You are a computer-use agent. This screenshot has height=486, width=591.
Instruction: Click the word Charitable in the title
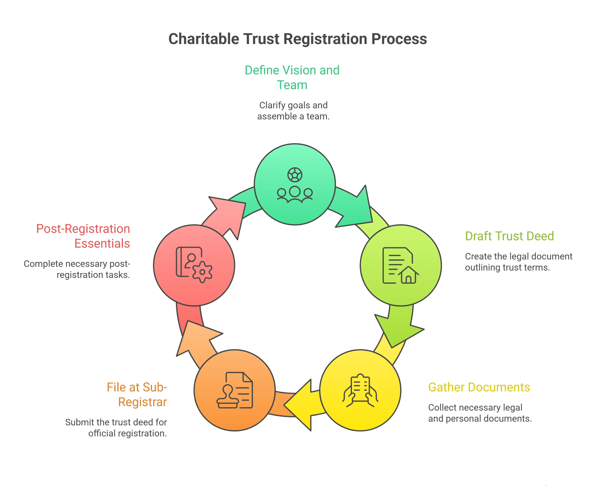click(x=204, y=39)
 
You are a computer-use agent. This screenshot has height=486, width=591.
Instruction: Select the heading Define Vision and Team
click(x=292, y=77)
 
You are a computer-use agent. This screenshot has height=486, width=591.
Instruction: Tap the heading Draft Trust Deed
click(x=509, y=236)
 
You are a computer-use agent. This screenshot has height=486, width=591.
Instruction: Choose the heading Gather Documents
click(x=479, y=387)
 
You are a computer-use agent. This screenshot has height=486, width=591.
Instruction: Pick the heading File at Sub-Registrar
click(x=137, y=394)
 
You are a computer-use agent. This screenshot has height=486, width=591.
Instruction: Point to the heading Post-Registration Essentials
click(x=83, y=236)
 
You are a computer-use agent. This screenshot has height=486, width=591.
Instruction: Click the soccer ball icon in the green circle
click(x=295, y=175)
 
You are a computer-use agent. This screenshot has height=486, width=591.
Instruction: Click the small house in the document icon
click(x=409, y=275)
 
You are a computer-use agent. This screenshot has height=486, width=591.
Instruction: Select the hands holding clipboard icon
click(x=360, y=390)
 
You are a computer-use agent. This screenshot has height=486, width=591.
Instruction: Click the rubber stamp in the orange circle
click(x=228, y=398)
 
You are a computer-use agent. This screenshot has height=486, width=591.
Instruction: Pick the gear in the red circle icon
click(x=202, y=272)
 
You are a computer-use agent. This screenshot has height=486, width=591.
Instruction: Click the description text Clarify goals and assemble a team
click(x=293, y=111)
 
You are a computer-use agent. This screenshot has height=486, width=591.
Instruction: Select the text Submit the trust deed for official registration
click(x=116, y=427)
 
